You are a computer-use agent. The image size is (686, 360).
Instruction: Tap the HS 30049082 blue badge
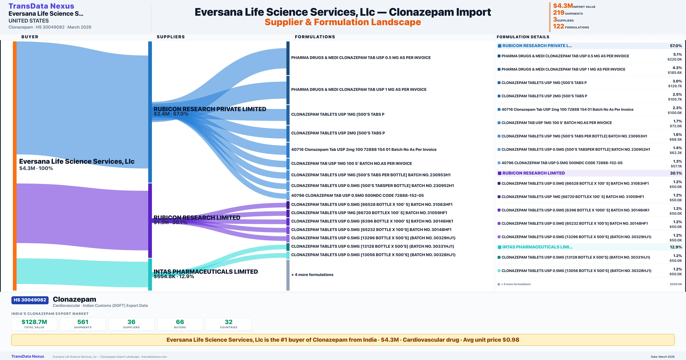(30, 300)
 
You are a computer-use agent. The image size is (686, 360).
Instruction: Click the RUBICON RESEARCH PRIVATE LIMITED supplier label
(210, 109)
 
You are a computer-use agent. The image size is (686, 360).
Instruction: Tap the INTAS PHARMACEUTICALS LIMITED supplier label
(206, 272)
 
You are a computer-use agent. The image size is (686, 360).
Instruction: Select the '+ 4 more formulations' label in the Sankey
(312, 275)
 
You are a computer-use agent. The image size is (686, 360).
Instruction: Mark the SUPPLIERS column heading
(171, 37)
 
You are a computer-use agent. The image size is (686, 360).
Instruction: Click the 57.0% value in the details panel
(676, 46)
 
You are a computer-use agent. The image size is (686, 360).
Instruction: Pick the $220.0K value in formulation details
(675, 59)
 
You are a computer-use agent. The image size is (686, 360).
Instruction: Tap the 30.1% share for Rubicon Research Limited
(676, 173)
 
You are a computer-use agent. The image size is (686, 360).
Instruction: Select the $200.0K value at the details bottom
(676, 284)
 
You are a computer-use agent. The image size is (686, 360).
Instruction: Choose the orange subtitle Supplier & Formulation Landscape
(343, 22)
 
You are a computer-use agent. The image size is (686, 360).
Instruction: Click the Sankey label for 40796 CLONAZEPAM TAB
(357, 195)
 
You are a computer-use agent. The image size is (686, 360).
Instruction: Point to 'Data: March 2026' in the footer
(663, 357)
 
